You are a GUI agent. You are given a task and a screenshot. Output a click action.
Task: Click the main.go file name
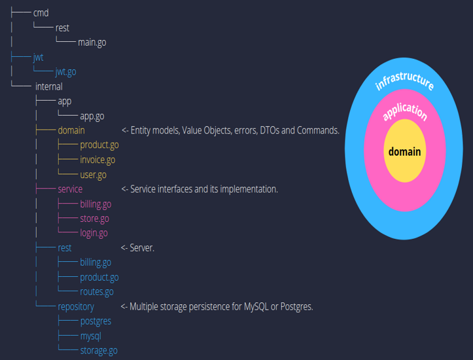[x=92, y=43]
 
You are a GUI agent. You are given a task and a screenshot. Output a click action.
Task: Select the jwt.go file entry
[x=65, y=72]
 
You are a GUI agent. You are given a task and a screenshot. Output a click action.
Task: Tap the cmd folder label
[x=41, y=13]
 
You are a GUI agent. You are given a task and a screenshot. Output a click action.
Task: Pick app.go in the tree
[x=92, y=116]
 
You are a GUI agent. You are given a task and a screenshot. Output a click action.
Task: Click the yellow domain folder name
[x=71, y=130]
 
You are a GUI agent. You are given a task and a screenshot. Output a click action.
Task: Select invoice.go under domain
[x=97, y=160]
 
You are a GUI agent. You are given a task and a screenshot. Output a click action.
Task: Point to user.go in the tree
[x=93, y=175]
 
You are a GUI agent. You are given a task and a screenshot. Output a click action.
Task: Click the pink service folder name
[x=70, y=189]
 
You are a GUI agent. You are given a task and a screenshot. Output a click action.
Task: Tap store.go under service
[x=94, y=219]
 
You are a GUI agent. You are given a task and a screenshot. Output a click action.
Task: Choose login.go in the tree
[x=94, y=233]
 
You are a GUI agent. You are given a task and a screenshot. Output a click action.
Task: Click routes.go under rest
[x=96, y=292]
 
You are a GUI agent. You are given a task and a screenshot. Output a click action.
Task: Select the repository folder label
[x=75, y=306]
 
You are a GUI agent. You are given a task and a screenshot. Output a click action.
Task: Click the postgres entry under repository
[x=96, y=321]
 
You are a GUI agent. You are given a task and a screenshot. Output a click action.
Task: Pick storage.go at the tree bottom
[x=99, y=350]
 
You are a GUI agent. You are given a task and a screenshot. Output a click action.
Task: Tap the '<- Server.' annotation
[x=137, y=248]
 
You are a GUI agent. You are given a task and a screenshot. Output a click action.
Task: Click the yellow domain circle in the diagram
[x=404, y=151]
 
